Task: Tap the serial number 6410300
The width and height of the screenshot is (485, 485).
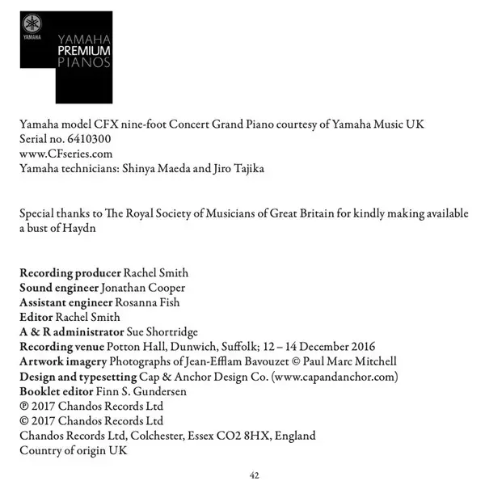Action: pos(85,138)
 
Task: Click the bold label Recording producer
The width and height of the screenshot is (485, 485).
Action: pos(69,272)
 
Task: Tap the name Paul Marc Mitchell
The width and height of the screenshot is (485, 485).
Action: pos(343,361)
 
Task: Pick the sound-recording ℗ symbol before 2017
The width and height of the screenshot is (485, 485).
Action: pos(23,406)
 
